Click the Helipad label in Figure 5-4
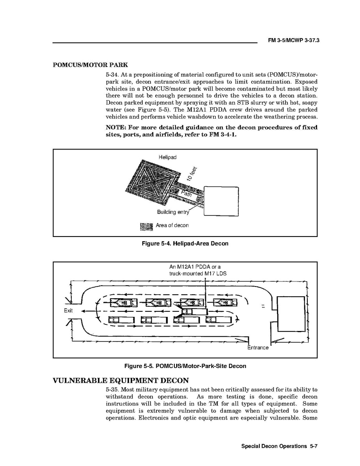pos(167,157)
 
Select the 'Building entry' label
pos(173,212)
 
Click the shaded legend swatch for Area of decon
pos(146,226)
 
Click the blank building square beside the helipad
pos(221,201)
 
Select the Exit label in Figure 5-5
pos(68,311)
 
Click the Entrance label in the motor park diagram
pos(258,347)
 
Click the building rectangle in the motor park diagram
pos(291,314)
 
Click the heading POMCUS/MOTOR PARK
pos(90,65)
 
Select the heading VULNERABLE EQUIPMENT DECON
pos(121,381)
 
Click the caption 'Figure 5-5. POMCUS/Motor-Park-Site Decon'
pos(185,366)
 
